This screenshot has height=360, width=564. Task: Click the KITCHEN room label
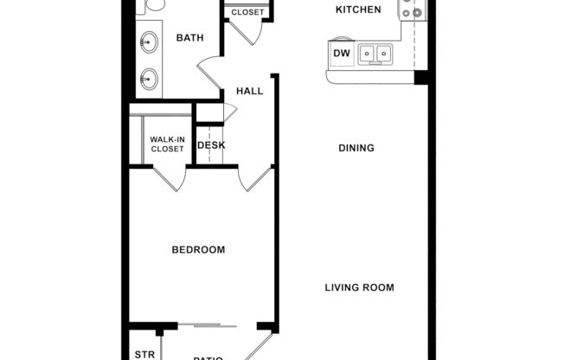(x=358, y=10)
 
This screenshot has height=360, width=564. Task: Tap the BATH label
(x=189, y=38)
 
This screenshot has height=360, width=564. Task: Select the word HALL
(x=249, y=91)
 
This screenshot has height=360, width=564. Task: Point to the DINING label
(x=356, y=148)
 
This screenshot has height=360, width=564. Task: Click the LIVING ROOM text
(x=359, y=288)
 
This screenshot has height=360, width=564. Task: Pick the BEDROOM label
(x=198, y=250)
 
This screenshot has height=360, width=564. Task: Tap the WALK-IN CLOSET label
(x=167, y=144)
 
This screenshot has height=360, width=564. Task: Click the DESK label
(x=211, y=145)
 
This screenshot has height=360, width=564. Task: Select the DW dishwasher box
(x=341, y=55)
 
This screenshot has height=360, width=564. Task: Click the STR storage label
(x=144, y=354)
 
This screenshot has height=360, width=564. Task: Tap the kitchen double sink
(x=375, y=55)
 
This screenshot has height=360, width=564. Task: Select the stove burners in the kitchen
(x=411, y=10)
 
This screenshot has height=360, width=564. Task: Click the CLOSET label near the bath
(x=247, y=12)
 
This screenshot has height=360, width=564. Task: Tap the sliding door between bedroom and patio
(x=208, y=326)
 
